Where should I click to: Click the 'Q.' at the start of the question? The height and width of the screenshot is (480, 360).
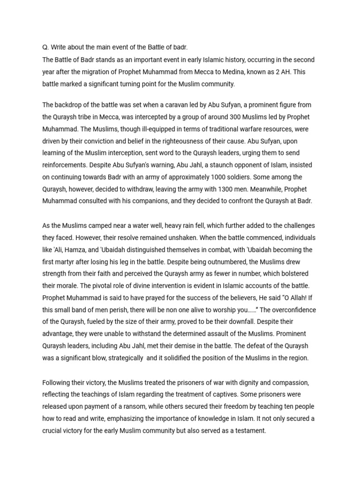coord(45,48)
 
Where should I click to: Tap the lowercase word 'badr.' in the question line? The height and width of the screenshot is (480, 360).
coord(179,48)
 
